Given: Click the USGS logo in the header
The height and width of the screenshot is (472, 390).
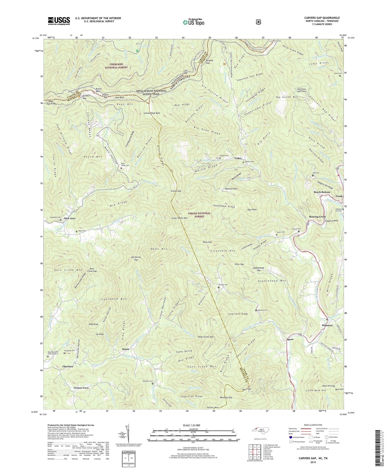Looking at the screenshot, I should pyautogui.click(x=59, y=21).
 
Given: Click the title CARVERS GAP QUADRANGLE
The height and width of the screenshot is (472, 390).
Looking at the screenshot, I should pyautogui.click(x=322, y=18).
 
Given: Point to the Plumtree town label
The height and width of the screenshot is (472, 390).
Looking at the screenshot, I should pyautogui.click(x=327, y=325).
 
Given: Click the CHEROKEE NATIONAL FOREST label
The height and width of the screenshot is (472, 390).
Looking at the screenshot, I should pyautogui.click(x=116, y=65).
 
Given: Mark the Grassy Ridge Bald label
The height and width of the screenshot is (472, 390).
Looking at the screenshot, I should pyautogui.click(x=152, y=113).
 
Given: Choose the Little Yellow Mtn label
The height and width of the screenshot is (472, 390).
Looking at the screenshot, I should pyautogui.click(x=179, y=218).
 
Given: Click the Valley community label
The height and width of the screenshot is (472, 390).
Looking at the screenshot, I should pyautogui.click(x=238, y=158).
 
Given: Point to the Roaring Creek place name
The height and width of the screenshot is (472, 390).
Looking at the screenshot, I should pyautogui.click(x=317, y=217).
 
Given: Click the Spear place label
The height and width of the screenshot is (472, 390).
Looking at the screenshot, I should pyautogui.click(x=290, y=339).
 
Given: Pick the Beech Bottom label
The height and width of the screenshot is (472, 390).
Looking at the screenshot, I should pyautogui.click(x=322, y=192).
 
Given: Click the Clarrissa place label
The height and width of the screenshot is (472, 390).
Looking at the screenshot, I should pyautogui.click(x=68, y=366).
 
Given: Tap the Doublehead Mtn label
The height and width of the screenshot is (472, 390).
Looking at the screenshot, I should pyautogui.click(x=272, y=281).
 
